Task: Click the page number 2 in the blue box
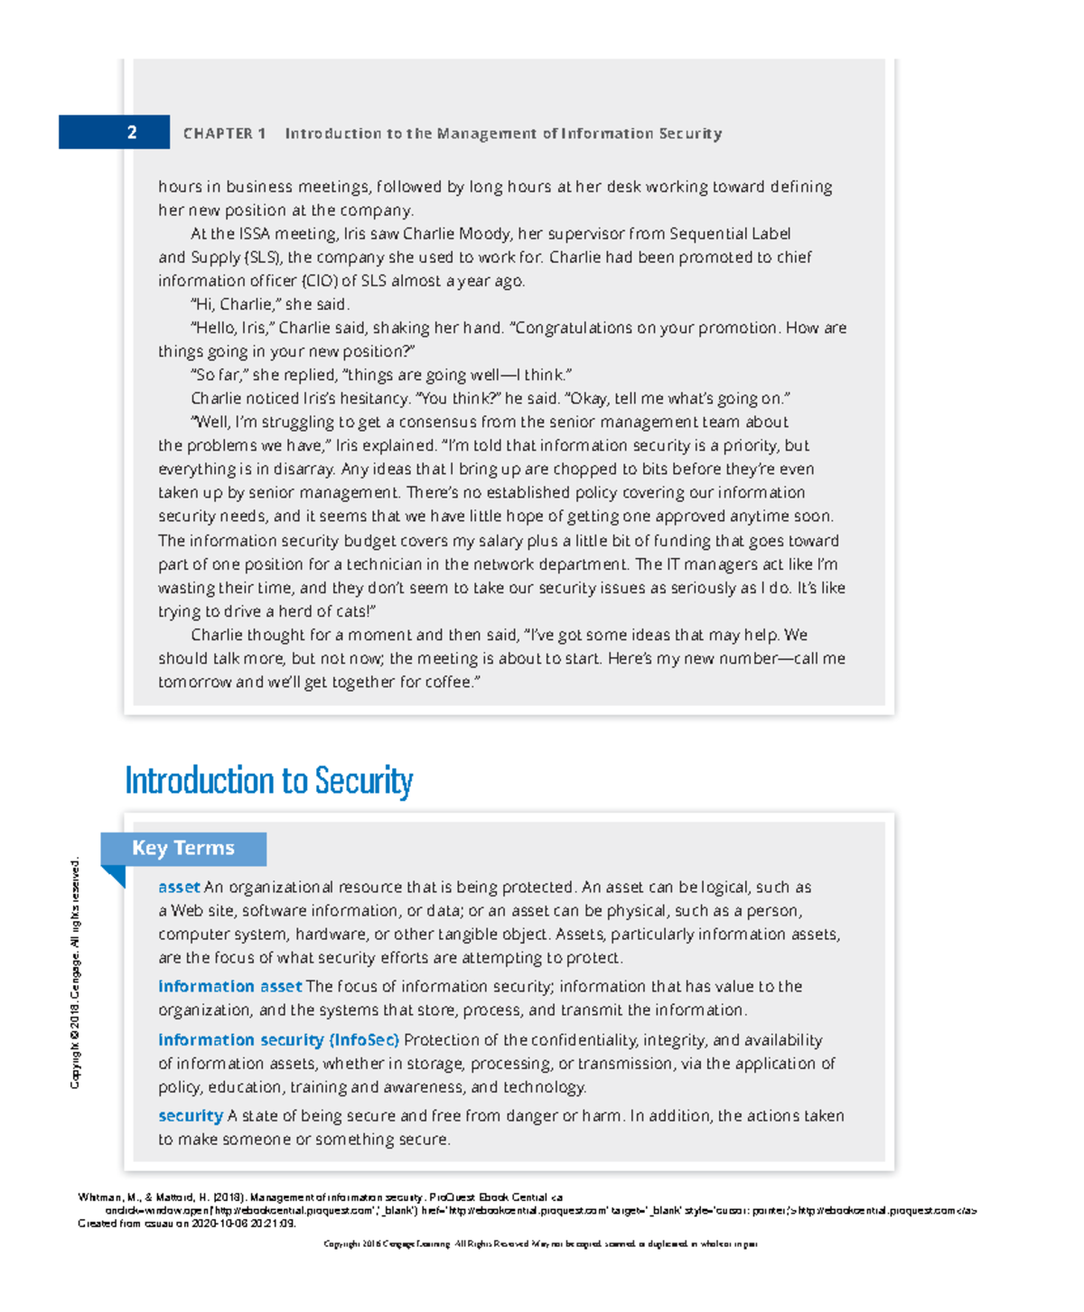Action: (132, 133)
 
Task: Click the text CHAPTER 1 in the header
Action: (224, 134)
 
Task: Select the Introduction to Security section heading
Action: (268, 781)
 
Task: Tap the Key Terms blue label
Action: (183, 848)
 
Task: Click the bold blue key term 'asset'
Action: (179, 887)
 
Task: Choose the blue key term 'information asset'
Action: (229, 986)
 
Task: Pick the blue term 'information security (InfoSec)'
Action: (278, 1040)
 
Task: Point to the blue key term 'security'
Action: (190, 1116)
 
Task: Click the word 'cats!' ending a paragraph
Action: (353, 611)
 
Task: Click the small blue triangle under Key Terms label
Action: (114, 875)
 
